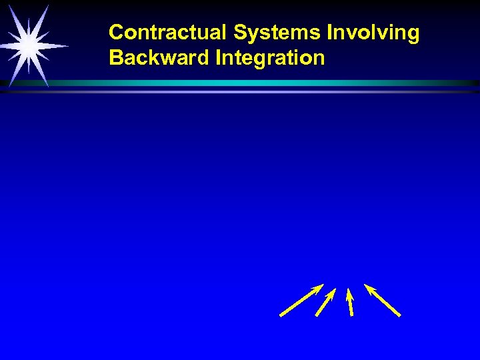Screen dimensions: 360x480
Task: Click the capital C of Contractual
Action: (115, 33)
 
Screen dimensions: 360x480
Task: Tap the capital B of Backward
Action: (115, 58)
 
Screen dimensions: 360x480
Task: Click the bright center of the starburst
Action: (28, 45)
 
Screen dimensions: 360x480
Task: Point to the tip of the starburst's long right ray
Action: (69, 46)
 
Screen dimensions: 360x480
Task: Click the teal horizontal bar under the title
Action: (267, 83)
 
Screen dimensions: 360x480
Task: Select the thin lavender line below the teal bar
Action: (267, 92)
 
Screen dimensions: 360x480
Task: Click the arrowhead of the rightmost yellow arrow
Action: (367, 287)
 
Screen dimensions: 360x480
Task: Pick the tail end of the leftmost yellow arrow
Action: (281, 315)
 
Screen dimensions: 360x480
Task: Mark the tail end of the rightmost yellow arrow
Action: (399, 315)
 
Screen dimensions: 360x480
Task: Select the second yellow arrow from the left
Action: (325, 302)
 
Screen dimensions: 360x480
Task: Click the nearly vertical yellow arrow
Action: (349, 302)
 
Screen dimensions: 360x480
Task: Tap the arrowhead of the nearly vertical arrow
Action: (347, 291)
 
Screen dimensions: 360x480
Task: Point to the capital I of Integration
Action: (218, 58)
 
